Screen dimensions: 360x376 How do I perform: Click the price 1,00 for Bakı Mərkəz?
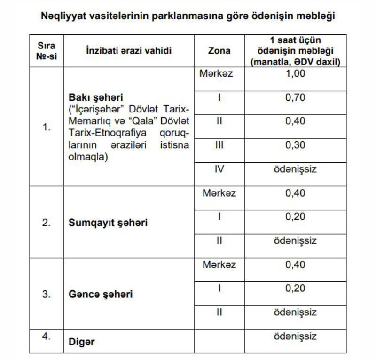coord(295,73)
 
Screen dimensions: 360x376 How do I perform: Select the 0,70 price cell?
coord(295,97)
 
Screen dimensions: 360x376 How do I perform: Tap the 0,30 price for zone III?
coord(295,145)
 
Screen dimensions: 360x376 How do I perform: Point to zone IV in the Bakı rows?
coord(219,169)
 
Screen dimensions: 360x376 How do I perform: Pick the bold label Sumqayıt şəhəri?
coord(108,223)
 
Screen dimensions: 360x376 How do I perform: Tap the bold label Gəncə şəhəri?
coord(101,294)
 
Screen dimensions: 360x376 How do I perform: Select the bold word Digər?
coord(82,342)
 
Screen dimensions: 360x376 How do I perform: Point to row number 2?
coord(46,223)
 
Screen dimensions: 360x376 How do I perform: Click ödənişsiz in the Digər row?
coord(295,336)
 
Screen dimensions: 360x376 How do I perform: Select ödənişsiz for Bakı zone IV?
coord(295,169)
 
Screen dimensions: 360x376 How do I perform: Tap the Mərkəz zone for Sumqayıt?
coord(219,193)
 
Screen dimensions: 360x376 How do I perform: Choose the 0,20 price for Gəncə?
coord(295,288)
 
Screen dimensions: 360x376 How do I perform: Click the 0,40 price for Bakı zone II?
coord(295,121)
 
